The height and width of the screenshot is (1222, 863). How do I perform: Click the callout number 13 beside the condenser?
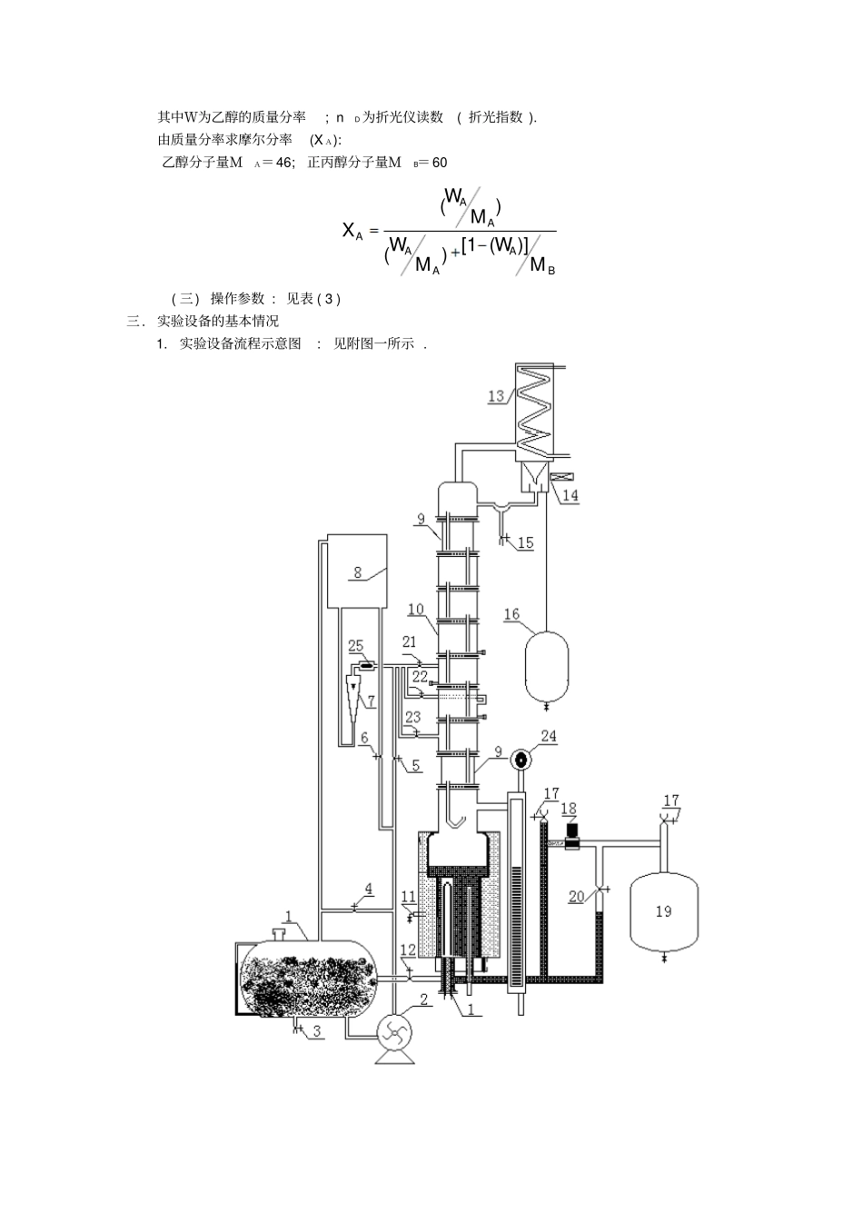[496, 395]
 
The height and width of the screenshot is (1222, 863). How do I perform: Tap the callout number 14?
[570, 495]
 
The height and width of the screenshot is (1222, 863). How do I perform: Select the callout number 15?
[525, 542]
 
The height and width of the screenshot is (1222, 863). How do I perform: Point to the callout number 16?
[511, 614]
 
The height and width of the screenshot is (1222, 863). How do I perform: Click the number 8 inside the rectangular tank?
[358, 572]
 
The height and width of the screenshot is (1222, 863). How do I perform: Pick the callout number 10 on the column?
[416, 609]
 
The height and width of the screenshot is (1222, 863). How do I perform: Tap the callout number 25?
[356, 646]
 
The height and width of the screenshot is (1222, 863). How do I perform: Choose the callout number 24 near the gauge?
[549, 736]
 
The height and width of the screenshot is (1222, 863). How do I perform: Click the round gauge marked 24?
[521, 760]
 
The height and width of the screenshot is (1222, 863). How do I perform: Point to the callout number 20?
[577, 897]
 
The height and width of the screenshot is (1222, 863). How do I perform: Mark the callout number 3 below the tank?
[317, 1030]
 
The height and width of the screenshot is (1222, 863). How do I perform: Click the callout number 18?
[569, 809]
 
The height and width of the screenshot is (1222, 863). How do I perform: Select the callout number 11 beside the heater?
[409, 897]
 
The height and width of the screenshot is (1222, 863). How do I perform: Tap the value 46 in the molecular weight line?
[283, 163]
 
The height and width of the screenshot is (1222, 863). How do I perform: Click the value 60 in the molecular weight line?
[439, 163]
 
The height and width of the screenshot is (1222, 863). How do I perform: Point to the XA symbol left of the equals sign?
[352, 232]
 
